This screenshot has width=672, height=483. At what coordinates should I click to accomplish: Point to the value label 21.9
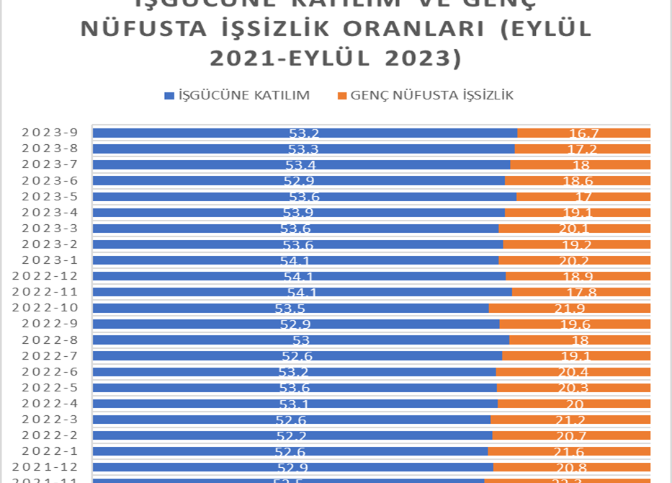pos(575,309)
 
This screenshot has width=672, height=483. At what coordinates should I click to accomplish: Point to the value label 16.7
pos(584,133)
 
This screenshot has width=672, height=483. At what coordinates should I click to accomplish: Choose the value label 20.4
pos(574,372)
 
